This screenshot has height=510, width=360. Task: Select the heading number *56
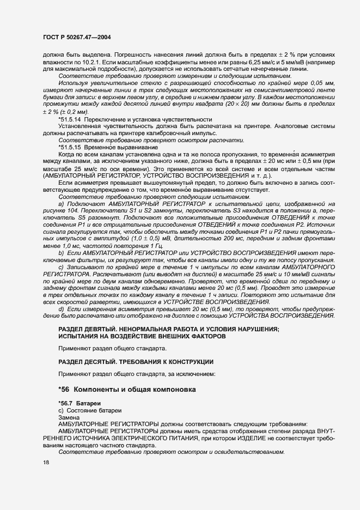64,390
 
